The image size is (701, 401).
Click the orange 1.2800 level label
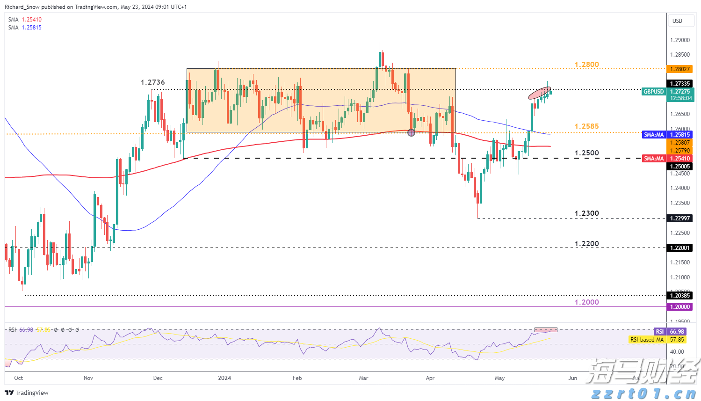tap(586, 65)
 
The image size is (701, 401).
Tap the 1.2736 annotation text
tap(152, 82)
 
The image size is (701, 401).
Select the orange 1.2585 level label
tap(586, 126)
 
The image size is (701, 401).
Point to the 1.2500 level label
tap(586, 153)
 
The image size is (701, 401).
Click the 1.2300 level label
tap(586, 213)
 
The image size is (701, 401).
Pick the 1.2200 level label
tap(586, 244)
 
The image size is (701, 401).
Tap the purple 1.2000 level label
tap(586, 302)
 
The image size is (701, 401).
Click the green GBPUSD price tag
tap(653, 92)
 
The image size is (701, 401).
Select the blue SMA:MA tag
tap(653, 135)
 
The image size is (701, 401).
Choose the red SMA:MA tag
tap(653, 159)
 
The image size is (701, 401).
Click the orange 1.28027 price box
tap(680, 69)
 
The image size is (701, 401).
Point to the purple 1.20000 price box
tap(680, 307)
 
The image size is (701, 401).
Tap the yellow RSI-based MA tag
tap(647, 340)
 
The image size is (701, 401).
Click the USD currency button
tap(677, 21)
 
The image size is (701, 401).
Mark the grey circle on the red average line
tap(411, 132)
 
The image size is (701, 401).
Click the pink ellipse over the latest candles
tap(539, 93)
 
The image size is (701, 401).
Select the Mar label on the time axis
tap(363, 378)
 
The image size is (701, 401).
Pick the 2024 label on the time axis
tap(224, 378)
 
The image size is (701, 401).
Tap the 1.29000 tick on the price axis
tap(679, 41)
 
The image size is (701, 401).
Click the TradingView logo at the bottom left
tap(27, 393)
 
